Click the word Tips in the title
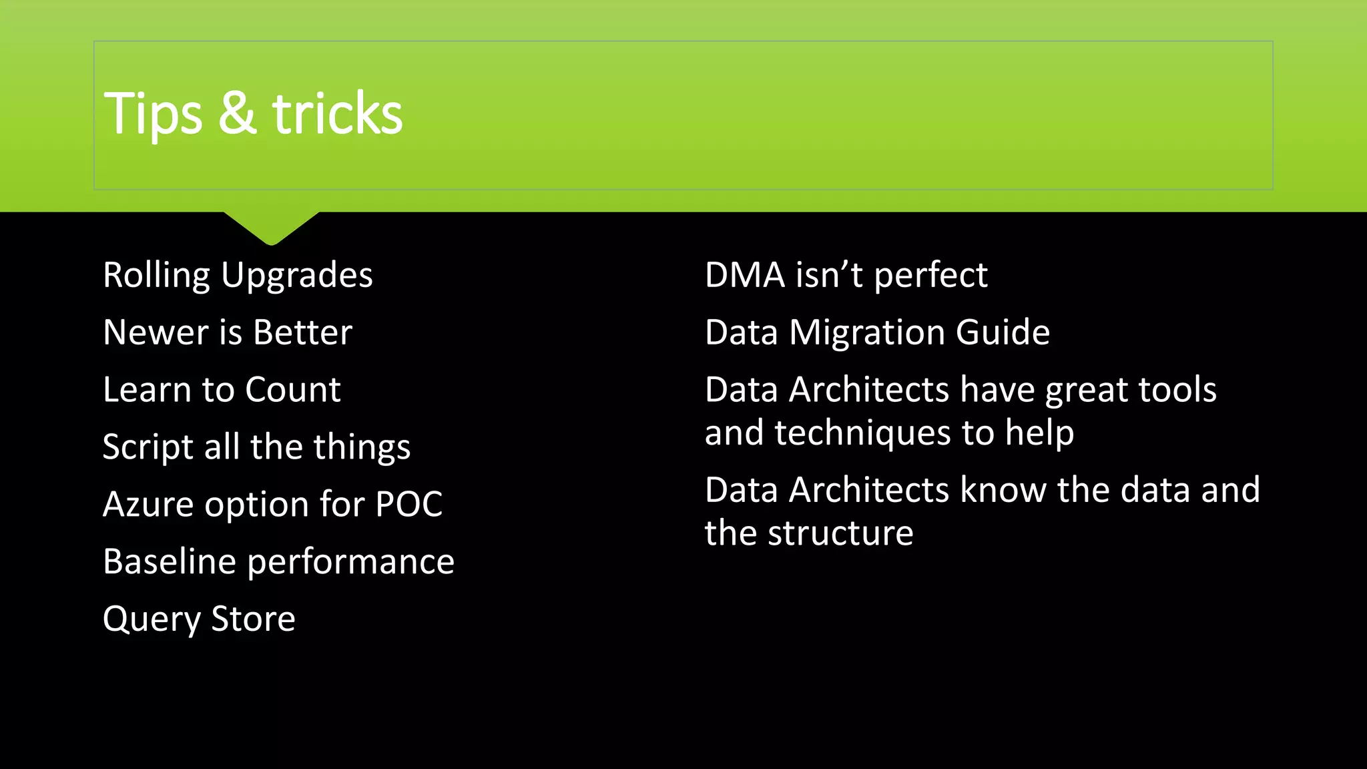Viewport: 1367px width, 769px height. [153, 115]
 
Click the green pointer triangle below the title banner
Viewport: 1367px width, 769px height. [271, 227]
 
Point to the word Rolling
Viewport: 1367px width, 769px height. [157, 276]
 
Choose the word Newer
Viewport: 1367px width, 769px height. [156, 332]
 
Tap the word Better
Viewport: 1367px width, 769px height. [302, 332]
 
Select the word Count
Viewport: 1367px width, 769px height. [293, 390]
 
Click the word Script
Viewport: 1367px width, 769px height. [147, 447]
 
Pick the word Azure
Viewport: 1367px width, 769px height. [148, 505]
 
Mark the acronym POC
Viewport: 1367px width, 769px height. [408, 505]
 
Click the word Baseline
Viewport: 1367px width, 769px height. [170, 561]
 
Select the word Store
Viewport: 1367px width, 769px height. [253, 619]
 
